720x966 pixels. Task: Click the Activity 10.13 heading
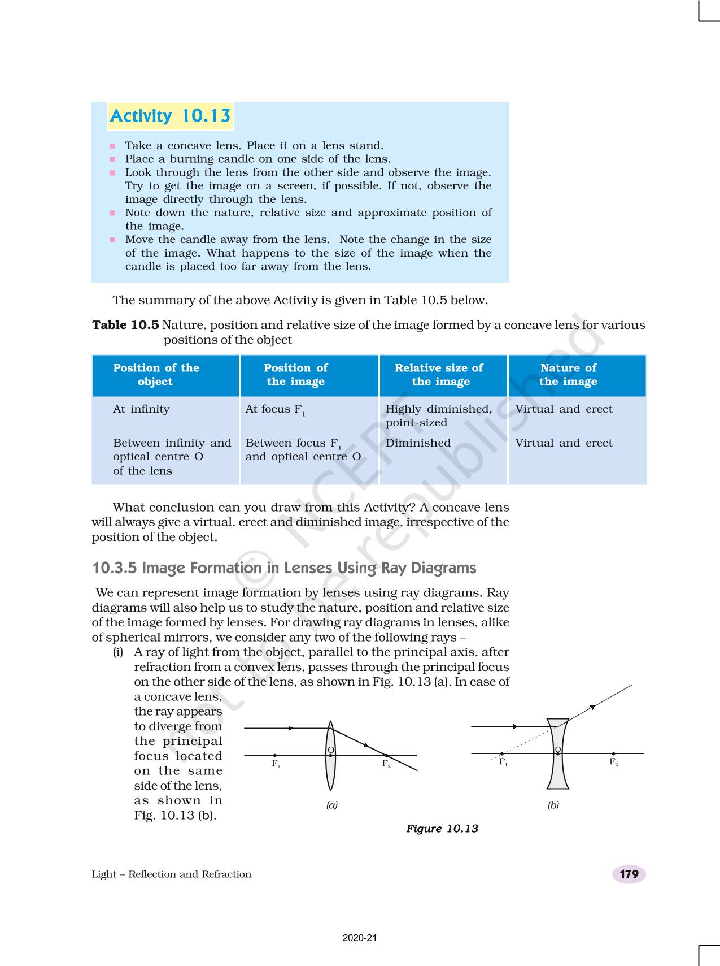tap(170, 116)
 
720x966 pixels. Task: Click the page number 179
tap(629, 874)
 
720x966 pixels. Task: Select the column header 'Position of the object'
tap(156, 375)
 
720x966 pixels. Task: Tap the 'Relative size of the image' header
tap(439, 375)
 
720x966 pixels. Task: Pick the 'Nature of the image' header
tap(568, 375)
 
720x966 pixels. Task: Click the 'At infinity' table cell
tap(141, 409)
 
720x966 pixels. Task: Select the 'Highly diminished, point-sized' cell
tap(438, 415)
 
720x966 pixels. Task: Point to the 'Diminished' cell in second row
tap(418, 443)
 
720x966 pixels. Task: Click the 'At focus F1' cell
tap(275, 410)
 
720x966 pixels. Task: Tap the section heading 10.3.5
tap(284, 568)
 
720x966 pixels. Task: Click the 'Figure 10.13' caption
tap(442, 829)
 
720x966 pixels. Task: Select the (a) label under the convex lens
tap(332, 805)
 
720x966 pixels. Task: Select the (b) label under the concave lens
tap(553, 805)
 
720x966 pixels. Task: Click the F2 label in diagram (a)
tap(386, 764)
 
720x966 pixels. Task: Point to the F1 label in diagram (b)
tap(503, 763)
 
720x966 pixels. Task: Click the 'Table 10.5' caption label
tap(125, 325)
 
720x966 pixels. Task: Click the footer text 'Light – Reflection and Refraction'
tap(171, 874)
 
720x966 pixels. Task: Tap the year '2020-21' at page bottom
tap(360, 938)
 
